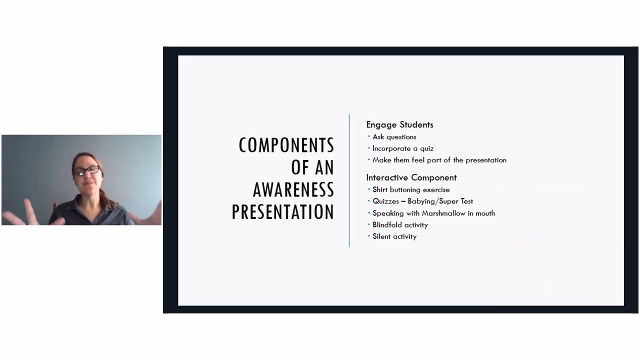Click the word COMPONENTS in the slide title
point(286,145)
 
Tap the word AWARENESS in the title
point(293,190)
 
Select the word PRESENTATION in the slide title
point(282,212)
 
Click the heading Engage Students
point(399,124)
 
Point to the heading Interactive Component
point(411,177)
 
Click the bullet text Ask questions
point(394,136)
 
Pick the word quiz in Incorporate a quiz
point(426,148)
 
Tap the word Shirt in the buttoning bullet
point(380,189)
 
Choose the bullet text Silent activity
point(394,236)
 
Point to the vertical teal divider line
point(349,180)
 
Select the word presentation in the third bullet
point(485,160)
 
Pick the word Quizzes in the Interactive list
point(385,201)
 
